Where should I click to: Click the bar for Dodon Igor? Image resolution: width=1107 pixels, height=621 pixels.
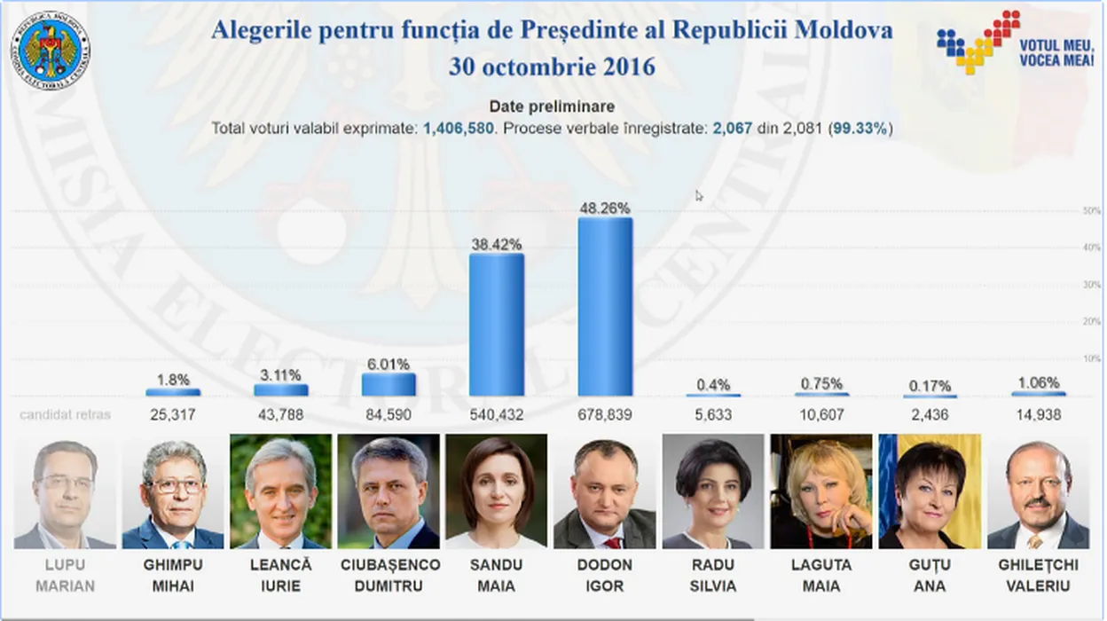(605, 307)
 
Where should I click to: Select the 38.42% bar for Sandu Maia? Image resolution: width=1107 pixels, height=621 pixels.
(497, 325)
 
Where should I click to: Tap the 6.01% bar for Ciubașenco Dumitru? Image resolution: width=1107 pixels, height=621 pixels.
(389, 384)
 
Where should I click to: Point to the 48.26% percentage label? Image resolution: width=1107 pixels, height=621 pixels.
(605, 208)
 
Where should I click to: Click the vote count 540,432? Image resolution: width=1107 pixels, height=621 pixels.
(497, 414)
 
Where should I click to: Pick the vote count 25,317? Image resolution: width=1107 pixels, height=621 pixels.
(172, 414)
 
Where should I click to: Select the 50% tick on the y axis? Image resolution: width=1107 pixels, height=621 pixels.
(1091, 211)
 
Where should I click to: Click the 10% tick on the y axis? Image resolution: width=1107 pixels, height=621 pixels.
(1091, 358)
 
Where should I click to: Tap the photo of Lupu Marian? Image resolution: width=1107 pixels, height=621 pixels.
(64, 491)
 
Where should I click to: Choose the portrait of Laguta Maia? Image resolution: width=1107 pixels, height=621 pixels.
(821, 491)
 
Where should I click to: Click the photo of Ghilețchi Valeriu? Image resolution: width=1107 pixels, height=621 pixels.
(1038, 491)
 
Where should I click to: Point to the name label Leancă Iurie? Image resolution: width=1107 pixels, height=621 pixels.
(281, 575)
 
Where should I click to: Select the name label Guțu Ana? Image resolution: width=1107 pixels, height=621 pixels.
(930, 575)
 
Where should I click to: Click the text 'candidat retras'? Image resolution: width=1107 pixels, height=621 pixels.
(66, 414)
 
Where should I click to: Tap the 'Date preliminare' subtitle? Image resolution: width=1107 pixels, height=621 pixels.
(552, 106)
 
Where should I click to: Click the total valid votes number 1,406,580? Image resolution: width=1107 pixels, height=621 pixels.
(458, 129)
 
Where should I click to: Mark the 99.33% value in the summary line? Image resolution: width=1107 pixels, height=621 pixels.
(860, 129)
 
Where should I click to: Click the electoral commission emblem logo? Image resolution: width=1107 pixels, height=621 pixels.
(51, 44)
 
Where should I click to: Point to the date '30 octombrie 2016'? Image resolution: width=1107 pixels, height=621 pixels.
(552, 67)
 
